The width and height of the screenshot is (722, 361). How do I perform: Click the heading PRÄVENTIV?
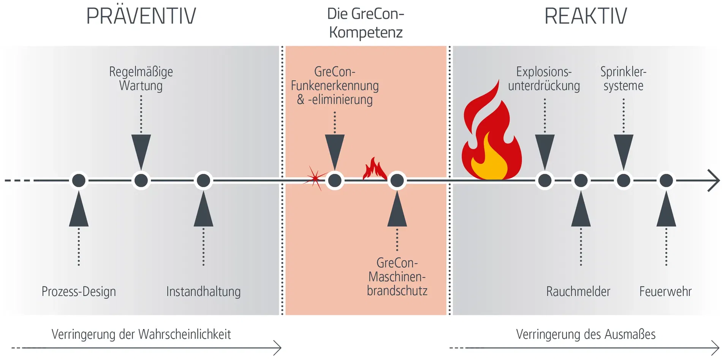[141, 16]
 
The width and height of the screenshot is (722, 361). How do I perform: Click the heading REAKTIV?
[586, 16]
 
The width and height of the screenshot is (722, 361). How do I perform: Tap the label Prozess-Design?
[79, 292]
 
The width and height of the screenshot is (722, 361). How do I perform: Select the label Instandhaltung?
[203, 292]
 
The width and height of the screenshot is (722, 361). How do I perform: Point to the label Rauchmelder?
[578, 292]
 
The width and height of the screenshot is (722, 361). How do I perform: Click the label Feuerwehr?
[665, 292]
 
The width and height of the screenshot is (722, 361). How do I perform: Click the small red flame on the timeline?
[374, 169]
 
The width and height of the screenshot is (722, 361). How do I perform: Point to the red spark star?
[315, 178]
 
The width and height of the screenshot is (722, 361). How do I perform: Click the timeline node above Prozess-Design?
[79, 180]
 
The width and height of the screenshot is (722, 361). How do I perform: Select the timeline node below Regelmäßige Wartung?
[141, 180]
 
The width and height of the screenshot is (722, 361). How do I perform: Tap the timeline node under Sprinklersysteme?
[623, 180]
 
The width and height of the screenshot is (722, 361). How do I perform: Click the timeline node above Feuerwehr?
[666, 180]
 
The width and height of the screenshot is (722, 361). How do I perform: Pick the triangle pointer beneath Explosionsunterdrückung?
[545, 150]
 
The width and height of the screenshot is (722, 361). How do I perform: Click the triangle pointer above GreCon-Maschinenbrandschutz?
[397, 211]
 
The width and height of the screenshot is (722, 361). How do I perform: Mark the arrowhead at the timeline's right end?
[714, 180]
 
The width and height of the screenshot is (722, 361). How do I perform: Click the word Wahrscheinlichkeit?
[185, 334]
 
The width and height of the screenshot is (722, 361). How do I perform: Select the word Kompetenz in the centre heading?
[366, 32]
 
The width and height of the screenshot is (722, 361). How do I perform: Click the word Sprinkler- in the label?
[623, 72]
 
